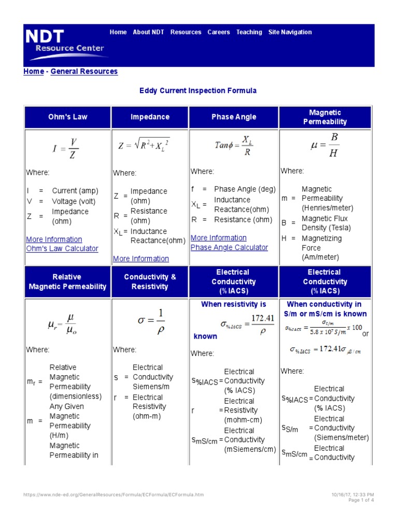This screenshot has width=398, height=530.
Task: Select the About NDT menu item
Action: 148,32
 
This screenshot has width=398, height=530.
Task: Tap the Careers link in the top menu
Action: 219,32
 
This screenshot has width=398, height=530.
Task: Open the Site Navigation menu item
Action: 290,32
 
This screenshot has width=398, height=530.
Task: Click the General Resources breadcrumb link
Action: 84,71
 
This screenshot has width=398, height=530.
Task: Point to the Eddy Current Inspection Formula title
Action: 198,91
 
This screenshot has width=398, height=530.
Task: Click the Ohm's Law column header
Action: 67,117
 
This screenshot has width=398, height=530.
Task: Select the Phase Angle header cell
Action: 234,117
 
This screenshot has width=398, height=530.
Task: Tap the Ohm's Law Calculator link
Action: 62,248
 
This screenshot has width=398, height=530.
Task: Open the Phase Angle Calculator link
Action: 229,247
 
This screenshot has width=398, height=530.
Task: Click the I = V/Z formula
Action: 66,149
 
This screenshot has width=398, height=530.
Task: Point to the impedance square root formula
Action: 144,145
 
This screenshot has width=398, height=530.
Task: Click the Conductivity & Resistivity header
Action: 150,282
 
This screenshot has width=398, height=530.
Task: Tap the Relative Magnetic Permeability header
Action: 67,282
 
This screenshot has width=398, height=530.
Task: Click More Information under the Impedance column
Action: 141,259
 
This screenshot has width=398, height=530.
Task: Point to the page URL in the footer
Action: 113,495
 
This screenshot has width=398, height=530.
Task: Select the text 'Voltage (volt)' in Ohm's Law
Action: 74,201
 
